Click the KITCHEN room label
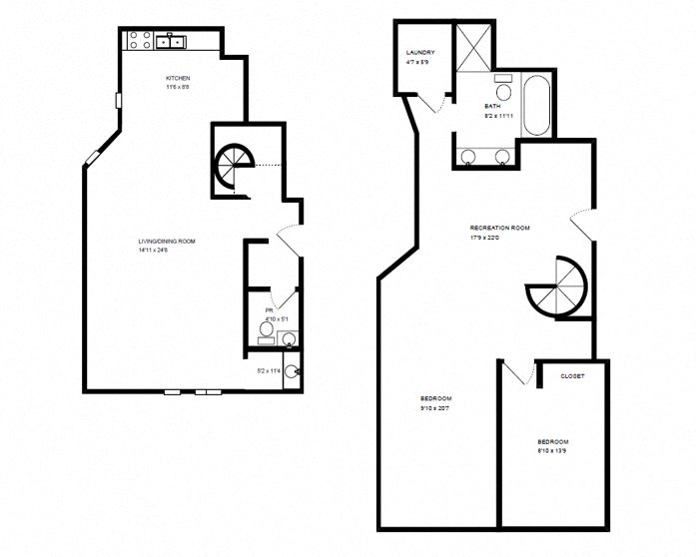coord(178,78)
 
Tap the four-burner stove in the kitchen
coord(140,41)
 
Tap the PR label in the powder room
coord(269,310)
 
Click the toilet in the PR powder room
coord(267,327)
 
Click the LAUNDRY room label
coord(419,52)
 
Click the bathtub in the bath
coord(536,105)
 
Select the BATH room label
coord(492,106)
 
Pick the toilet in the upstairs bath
coord(502,89)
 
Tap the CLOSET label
coord(572,376)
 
